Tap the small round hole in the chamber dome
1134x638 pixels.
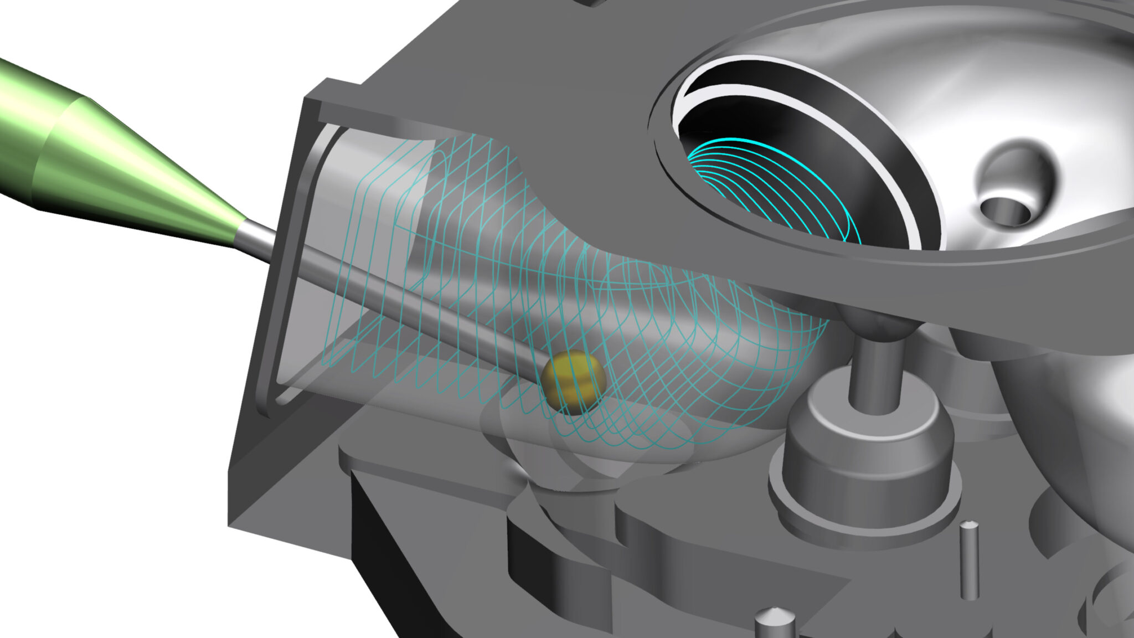click(1005, 210)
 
